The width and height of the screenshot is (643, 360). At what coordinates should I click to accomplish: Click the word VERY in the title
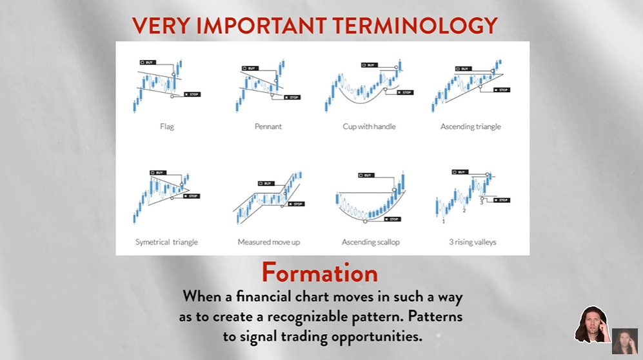161,25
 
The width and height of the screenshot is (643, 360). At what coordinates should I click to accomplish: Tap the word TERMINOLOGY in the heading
415,25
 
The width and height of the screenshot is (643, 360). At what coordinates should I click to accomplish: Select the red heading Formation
320,273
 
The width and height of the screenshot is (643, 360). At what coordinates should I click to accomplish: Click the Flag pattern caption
167,126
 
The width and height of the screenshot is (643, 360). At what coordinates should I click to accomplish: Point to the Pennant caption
268,126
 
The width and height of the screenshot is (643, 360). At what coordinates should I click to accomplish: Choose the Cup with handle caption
369,126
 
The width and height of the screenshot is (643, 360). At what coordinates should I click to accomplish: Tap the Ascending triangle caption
471,126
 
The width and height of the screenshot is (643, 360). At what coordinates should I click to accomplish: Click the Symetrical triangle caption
166,242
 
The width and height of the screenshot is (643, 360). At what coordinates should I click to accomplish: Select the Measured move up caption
268,242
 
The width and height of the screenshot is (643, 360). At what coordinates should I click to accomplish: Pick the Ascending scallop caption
371,242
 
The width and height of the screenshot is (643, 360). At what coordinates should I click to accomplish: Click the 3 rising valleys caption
472,242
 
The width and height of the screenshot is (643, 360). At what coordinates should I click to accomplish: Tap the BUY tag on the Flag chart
148,63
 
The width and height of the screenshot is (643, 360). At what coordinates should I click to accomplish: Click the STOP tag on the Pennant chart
292,97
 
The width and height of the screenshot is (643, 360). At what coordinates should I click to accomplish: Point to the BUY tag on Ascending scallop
366,175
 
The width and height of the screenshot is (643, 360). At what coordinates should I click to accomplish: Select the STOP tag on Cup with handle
405,92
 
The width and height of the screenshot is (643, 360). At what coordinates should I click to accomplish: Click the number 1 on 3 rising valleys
444,221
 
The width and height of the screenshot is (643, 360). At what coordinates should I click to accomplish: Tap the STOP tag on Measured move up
297,204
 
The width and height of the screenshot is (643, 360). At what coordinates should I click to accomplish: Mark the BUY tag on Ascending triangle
464,68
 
